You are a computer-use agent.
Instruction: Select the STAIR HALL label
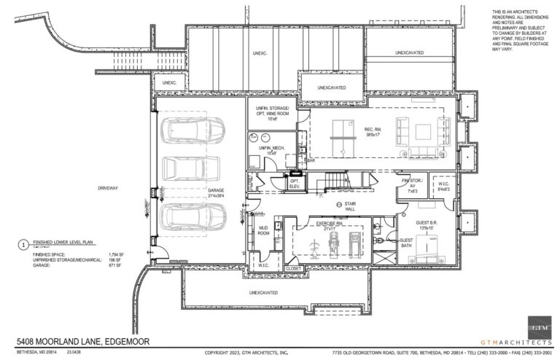pyautogui.click(x=354, y=208)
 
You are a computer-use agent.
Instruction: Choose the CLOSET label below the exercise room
pyautogui.click(x=294, y=268)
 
